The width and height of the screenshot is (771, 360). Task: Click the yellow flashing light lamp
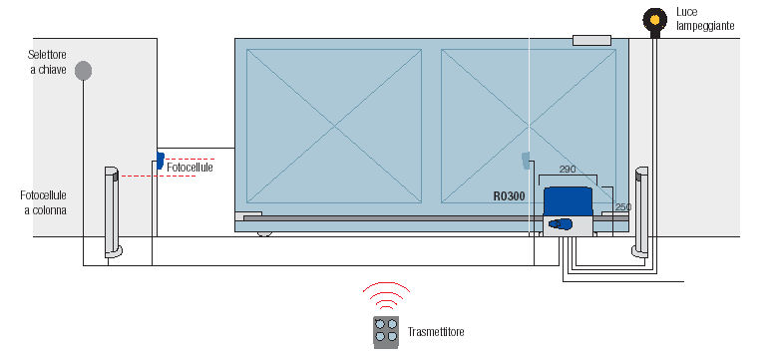click(654, 19)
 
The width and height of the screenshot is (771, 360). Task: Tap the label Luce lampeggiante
click(704, 19)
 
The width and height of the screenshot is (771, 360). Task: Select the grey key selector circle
click(83, 71)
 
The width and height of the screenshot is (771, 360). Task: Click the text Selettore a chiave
click(47, 62)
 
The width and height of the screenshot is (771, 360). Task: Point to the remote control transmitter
click(386, 332)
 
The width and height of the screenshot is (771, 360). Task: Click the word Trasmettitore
click(436, 332)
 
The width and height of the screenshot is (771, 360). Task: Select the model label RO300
click(509, 196)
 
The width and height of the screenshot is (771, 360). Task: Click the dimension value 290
click(568, 170)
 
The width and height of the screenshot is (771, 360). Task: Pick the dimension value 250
click(623, 207)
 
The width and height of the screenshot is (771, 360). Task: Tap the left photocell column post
click(112, 212)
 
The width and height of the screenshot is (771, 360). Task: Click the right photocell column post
click(640, 212)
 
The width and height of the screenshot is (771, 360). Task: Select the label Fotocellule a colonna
click(43, 202)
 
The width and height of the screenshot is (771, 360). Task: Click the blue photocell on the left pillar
click(161, 161)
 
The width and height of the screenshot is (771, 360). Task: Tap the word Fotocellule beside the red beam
click(190, 168)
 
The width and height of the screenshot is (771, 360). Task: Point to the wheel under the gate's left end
click(264, 233)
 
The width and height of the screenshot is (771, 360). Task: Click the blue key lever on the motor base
click(561, 224)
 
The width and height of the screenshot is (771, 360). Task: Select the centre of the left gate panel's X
click(334, 126)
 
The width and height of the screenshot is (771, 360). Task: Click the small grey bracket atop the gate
click(591, 40)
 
